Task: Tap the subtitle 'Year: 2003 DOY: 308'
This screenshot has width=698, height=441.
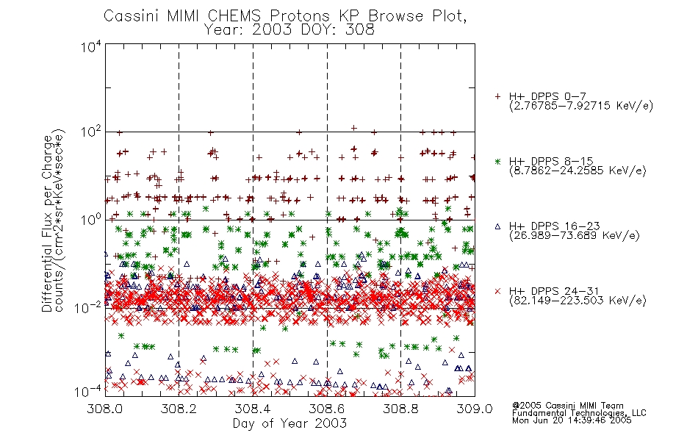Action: pos(289,30)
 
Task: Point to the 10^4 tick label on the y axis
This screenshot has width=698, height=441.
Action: pos(91,46)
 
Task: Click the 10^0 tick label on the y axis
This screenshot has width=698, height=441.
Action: pos(91,220)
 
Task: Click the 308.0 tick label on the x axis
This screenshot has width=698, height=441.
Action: pos(104,409)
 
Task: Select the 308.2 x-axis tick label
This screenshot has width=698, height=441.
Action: pos(179,409)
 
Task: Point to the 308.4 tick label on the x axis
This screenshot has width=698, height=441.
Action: pos(253,409)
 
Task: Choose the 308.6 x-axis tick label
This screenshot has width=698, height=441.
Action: pos(327,409)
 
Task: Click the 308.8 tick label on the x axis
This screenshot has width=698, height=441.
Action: pos(400,409)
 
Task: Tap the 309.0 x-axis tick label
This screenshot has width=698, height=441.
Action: pos(475,409)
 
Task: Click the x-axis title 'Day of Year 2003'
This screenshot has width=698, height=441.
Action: pos(289,423)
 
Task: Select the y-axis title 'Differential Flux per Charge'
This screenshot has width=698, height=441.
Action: pos(47,224)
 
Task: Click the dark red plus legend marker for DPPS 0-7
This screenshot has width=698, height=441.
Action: pos(497,96)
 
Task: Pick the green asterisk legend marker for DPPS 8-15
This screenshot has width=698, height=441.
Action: pos(497,161)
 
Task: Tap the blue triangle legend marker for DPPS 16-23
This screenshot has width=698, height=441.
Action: pos(497,226)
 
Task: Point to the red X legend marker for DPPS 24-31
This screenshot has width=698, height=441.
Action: pos(497,291)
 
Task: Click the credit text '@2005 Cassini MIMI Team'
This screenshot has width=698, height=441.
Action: pos(567,406)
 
